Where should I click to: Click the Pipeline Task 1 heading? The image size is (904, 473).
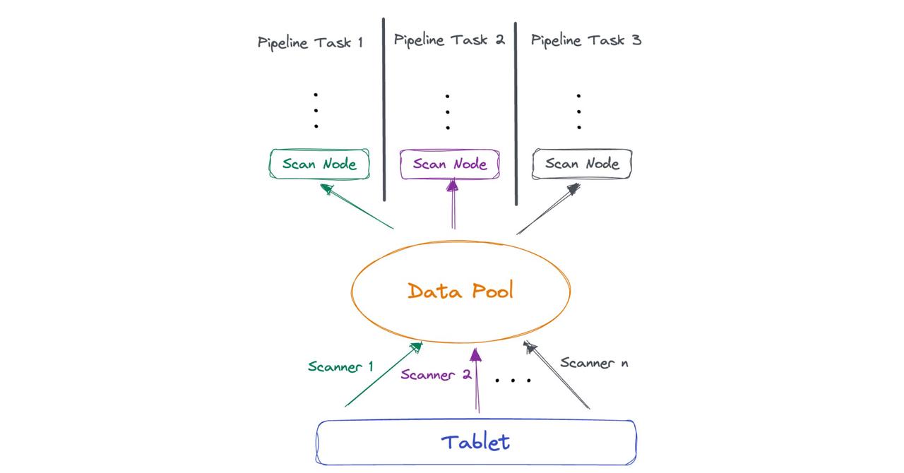310,42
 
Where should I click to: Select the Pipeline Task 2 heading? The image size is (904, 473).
449,40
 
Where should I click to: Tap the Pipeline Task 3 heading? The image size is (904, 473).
585,40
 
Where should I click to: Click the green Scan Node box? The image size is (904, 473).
319,164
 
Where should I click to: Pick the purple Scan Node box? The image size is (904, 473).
450,164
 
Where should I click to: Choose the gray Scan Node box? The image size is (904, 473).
582,164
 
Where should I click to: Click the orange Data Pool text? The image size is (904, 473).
460,291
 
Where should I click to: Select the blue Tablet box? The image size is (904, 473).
476,443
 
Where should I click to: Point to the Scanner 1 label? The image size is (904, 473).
340,366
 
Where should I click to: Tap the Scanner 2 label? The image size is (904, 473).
436,375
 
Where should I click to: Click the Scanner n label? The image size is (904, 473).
594,363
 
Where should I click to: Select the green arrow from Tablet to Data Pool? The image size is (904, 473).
383,375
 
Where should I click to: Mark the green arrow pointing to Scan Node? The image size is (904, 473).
357,206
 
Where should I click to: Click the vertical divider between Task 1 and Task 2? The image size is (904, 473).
384,109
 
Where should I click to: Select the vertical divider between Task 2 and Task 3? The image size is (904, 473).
516,113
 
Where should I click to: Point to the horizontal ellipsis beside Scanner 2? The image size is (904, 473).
513,381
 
